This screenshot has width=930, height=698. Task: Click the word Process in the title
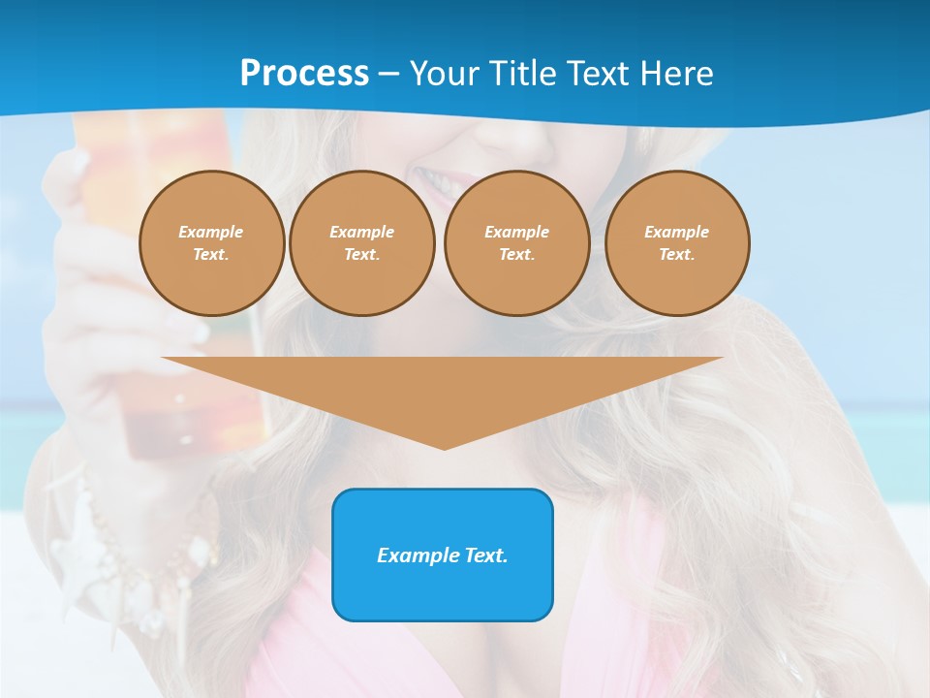(x=304, y=74)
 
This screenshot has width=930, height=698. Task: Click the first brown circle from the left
(x=211, y=243)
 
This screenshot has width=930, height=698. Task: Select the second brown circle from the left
(x=361, y=243)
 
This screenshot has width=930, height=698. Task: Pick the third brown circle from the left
(x=516, y=243)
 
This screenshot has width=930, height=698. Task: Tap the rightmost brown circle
(x=677, y=243)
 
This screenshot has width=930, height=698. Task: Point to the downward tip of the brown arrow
(x=444, y=447)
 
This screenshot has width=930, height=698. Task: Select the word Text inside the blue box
(x=484, y=555)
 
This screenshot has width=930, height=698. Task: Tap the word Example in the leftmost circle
(x=211, y=233)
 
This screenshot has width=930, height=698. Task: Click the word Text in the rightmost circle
(x=676, y=255)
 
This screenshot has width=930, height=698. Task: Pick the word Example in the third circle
(x=516, y=233)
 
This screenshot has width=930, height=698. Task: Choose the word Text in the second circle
(x=361, y=255)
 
